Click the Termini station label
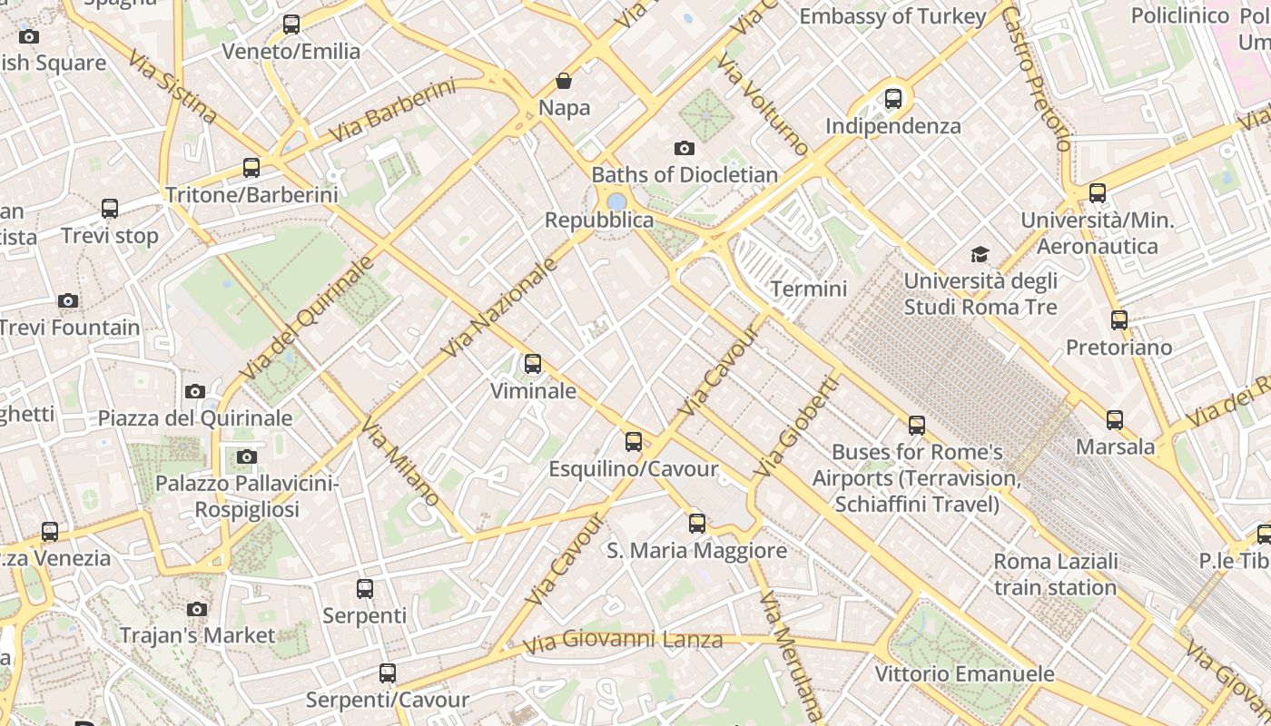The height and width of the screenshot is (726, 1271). [x=808, y=289]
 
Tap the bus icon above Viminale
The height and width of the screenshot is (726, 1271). [x=533, y=364]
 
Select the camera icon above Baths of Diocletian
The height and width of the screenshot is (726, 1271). [x=685, y=148]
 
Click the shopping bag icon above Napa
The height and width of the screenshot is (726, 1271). [x=564, y=81]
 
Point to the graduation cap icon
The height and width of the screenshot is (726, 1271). [x=980, y=254]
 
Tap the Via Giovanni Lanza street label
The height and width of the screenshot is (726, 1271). [x=623, y=641]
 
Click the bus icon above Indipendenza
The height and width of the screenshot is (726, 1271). [x=893, y=98]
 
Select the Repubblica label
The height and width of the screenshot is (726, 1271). [x=598, y=221]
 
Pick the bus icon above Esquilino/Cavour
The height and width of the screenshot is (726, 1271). [x=634, y=442]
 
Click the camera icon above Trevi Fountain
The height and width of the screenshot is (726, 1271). [x=68, y=300]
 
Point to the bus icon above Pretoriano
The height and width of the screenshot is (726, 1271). [x=1119, y=319]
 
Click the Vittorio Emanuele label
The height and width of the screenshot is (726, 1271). [x=964, y=674]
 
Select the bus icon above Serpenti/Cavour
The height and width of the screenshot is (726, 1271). [x=388, y=672]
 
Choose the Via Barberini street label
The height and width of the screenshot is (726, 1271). [x=392, y=111]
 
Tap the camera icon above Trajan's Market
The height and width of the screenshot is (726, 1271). [x=197, y=609]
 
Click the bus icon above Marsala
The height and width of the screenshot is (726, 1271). [x=1115, y=419]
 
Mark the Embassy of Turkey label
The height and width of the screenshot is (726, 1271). [x=892, y=16]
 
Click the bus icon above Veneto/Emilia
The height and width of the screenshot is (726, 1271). [x=291, y=25]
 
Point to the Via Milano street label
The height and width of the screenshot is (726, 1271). [x=400, y=462]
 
